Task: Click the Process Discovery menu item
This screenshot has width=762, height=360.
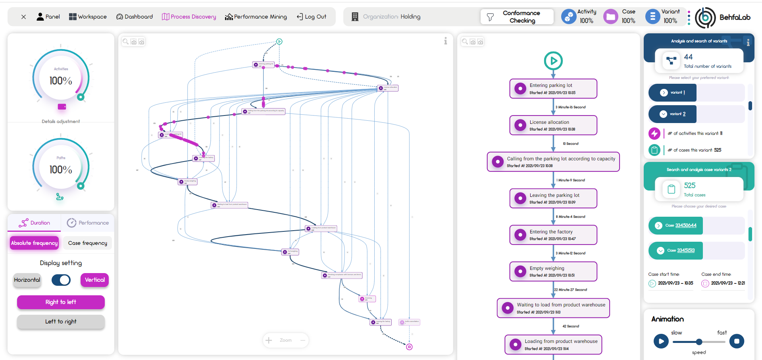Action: pos(189,17)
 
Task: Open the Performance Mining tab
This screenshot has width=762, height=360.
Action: pos(256,17)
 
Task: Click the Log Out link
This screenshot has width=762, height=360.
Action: pos(312,17)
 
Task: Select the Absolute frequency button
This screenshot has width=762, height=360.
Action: pos(35,243)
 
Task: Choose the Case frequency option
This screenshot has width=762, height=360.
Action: pos(87,243)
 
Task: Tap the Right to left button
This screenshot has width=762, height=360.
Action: pos(61,302)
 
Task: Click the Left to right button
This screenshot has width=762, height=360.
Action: pos(61,321)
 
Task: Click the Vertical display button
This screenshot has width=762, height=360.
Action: pos(94,280)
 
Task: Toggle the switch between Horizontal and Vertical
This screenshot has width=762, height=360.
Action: pos(61,280)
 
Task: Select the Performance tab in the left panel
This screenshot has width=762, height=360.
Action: pos(88,223)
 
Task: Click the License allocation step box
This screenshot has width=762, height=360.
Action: pos(553,125)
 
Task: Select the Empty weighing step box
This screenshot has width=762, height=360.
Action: pos(553,271)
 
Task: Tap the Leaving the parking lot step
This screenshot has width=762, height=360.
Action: pos(553,198)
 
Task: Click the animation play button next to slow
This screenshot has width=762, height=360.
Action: pos(661,341)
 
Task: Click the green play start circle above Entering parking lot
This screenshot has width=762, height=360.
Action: pos(553,61)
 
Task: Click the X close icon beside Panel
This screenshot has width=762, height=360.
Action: pos(24,17)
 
